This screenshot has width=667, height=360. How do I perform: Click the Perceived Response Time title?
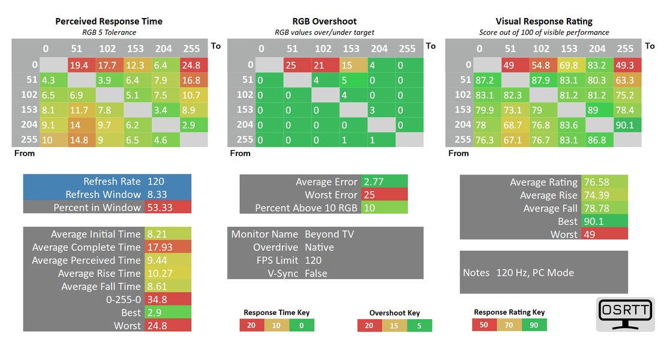(x=109, y=21)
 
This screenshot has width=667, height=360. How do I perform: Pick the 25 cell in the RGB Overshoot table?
(x=291, y=65)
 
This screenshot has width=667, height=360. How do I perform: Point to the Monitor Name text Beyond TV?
(x=329, y=234)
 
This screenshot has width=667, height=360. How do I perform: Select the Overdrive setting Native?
(x=320, y=247)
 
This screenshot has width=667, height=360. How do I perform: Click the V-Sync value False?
(x=316, y=274)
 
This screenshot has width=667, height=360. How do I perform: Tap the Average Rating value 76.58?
(x=603, y=182)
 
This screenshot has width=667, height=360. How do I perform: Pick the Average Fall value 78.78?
(x=603, y=208)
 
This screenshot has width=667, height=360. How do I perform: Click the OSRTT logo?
(x=624, y=314)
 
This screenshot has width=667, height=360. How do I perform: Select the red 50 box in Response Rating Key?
(x=484, y=325)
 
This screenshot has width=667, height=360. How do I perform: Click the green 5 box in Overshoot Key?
(x=419, y=326)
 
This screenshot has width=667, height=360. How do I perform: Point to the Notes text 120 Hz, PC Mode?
(x=535, y=272)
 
